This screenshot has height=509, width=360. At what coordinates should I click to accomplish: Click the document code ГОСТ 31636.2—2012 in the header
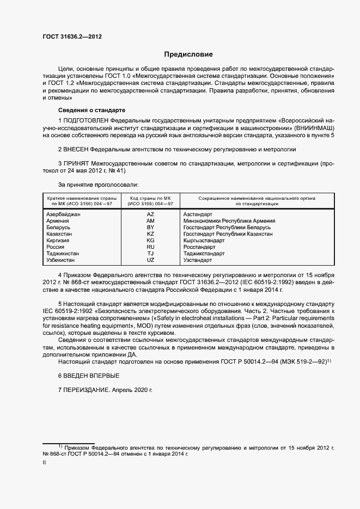pos(72,36)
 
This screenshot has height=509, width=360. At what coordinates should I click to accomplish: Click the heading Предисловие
pos(188,54)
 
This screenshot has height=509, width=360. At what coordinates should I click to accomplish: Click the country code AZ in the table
pos(151,214)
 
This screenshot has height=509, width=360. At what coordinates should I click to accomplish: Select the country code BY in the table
pos(151,227)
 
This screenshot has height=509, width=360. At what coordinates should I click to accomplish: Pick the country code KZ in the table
pos(151,234)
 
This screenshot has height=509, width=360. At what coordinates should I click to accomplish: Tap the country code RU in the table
pos(151,247)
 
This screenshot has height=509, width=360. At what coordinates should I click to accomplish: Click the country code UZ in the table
pos(151,260)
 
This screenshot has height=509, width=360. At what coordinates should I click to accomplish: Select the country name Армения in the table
pos(58,221)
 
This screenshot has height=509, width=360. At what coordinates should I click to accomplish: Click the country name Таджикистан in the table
pos(63,253)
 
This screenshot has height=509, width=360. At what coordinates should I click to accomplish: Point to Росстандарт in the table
pos(200,247)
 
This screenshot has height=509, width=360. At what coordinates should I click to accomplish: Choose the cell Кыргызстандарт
pos(204,240)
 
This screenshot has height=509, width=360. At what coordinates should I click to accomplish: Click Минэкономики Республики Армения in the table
pos(229,221)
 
